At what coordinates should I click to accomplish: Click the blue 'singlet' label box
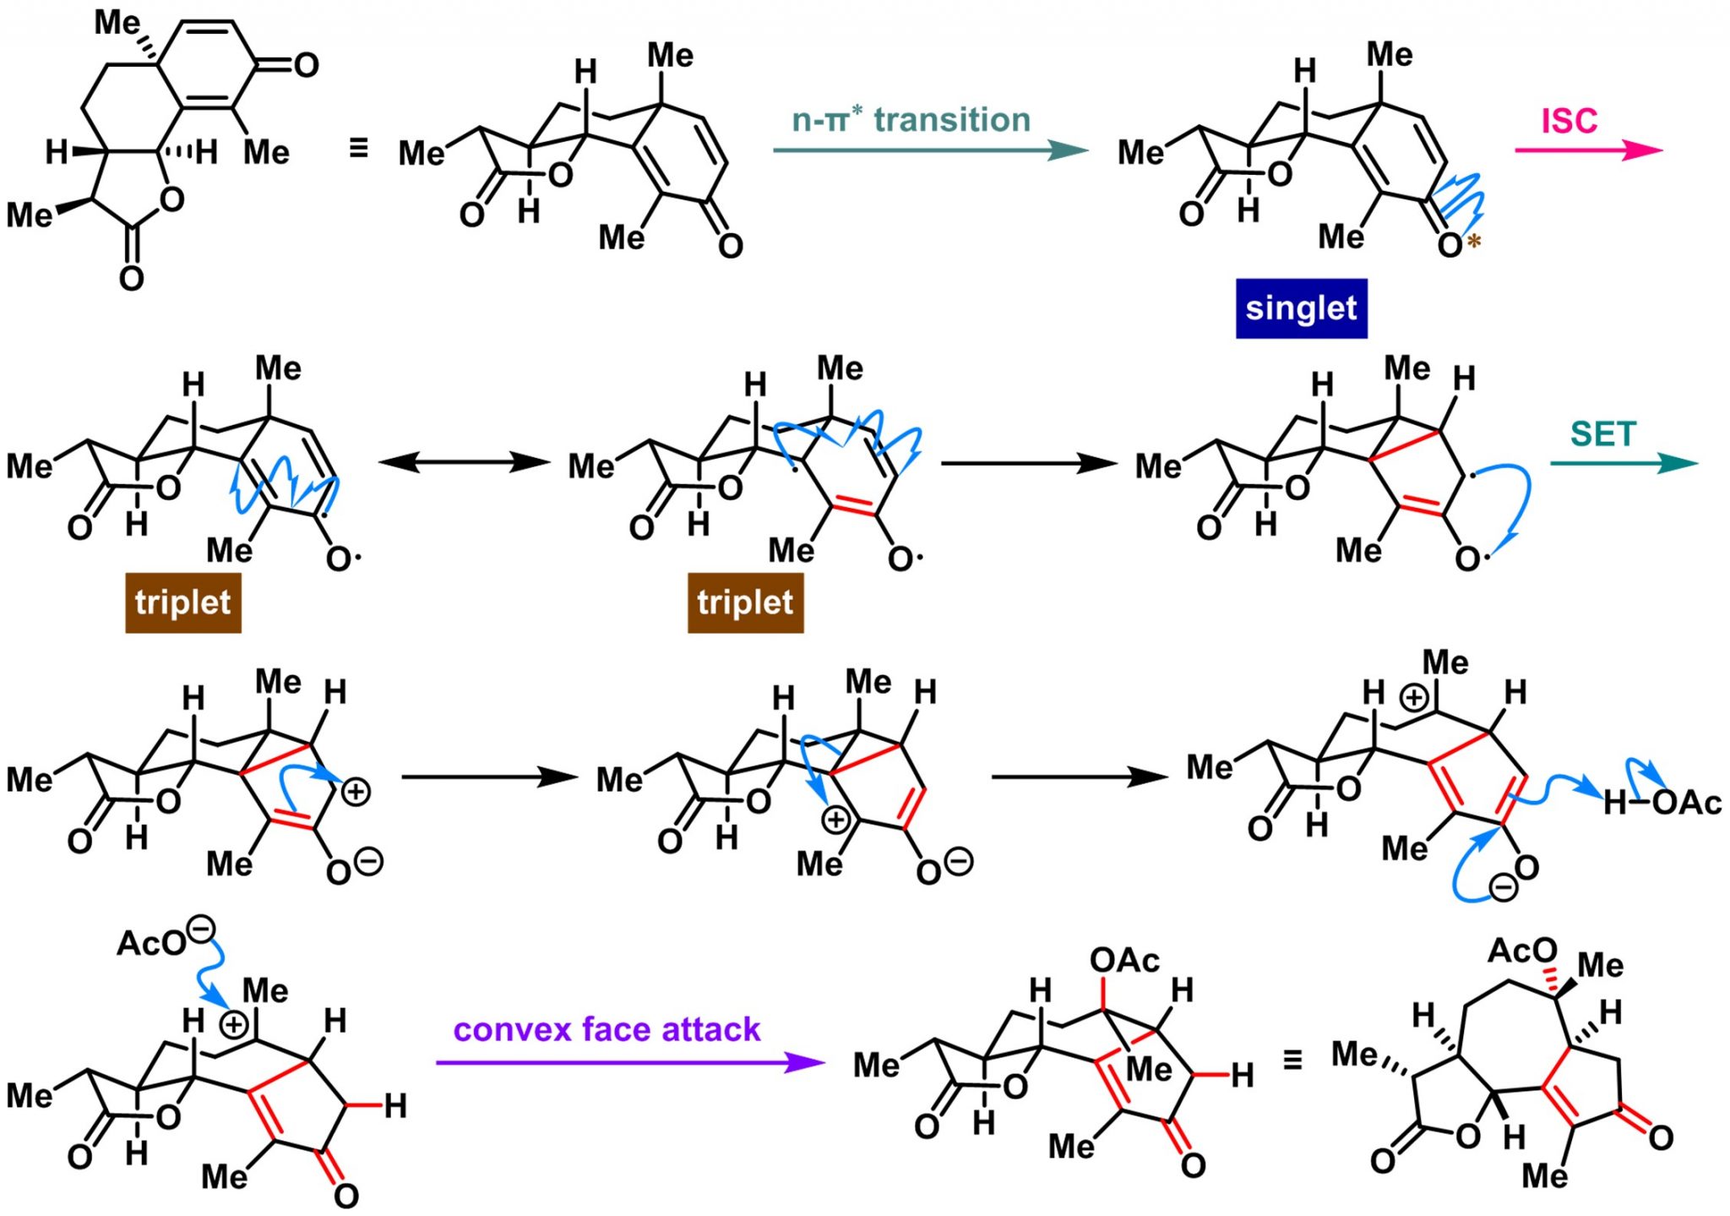click(1301, 308)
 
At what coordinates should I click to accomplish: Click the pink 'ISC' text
click(1570, 121)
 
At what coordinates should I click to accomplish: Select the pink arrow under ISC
click(1587, 150)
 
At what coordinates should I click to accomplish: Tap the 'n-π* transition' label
click(911, 120)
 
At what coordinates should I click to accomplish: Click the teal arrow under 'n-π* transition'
click(929, 150)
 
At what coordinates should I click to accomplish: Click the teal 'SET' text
click(1603, 434)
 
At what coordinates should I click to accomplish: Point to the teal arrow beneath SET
click(1622, 463)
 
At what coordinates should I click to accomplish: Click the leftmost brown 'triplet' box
click(183, 603)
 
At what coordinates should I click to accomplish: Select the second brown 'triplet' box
click(745, 603)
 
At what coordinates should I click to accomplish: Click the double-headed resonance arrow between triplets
click(465, 462)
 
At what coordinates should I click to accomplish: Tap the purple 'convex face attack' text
click(607, 1029)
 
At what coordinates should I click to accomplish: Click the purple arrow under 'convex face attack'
click(629, 1062)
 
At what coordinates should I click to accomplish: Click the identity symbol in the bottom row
click(1292, 1060)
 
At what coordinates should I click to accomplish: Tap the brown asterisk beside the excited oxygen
click(1474, 242)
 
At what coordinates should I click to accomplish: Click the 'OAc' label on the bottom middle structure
click(1124, 960)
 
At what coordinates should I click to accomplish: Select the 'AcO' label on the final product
click(1522, 951)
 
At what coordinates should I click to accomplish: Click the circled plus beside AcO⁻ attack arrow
click(233, 1025)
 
